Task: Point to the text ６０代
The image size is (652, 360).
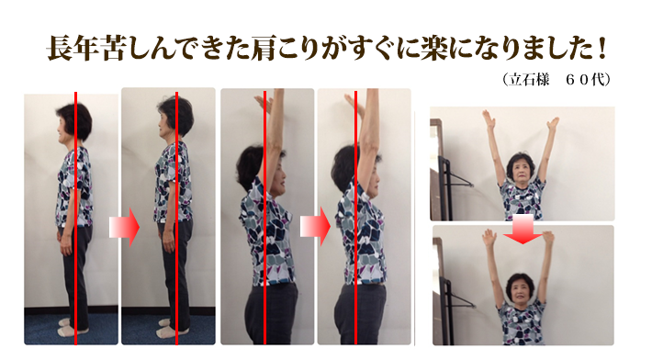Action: click(582, 79)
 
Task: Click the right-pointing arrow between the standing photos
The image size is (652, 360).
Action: click(124, 227)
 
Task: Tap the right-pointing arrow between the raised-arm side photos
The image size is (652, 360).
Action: click(315, 227)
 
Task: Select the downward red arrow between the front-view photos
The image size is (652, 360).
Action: click(523, 230)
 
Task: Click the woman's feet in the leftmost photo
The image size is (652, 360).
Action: click(72, 328)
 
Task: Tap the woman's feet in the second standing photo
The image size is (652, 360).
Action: click(172, 328)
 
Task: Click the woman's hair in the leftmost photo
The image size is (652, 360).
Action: click(76, 121)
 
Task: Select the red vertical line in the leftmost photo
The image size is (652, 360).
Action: click(75, 219)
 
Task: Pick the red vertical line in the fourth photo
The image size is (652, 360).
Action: click(356, 218)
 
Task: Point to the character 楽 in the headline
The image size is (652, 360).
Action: click(435, 49)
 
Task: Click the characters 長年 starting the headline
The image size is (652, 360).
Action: click(73, 49)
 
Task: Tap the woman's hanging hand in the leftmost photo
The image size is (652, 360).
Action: click(66, 245)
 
